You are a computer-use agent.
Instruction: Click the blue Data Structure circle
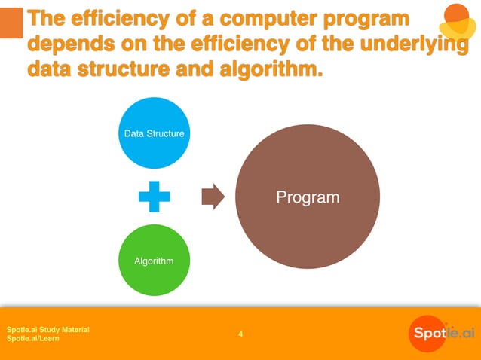tap(154, 133)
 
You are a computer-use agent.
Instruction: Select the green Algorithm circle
tap(154, 260)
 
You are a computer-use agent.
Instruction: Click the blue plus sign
tap(154, 198)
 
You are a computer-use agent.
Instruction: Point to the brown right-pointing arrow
tap(213, 197)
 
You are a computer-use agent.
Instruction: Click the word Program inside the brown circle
tap(308, 198)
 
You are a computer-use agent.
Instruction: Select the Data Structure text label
tap(154, 133)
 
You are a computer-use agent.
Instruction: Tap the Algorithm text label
tap(154, 261)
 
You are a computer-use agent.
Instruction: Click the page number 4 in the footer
tap(240, 334)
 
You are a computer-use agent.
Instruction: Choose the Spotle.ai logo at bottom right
tap(442, 333)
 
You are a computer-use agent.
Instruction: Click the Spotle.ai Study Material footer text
tap(48, 329)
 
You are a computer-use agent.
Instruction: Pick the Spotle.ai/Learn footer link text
tap(33, 339)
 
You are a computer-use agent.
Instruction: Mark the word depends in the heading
tap(69, 44)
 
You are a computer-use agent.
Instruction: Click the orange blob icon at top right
tap(457, 21)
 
